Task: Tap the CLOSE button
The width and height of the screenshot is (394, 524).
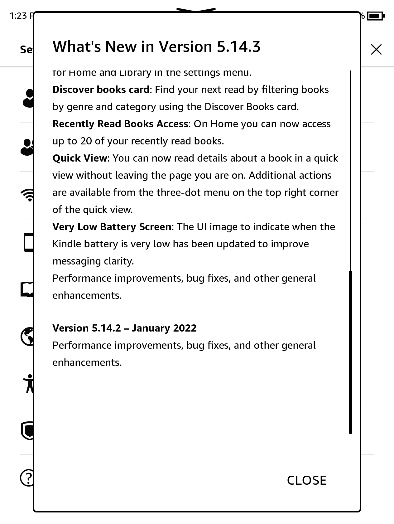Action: pyautogui.click(x=306, y=480)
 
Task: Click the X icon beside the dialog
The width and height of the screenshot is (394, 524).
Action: pyautogui.click(x=376, y=50)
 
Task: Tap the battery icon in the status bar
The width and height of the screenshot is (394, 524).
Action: pyautogui.click(x=376, y=16)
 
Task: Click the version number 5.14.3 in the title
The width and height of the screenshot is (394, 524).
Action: pyautogui.click(x=238, y=46)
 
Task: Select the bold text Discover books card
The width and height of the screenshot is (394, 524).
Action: pyautogui.click(x=101, y=90)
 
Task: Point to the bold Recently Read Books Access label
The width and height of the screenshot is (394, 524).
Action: pyautogui.click(x=120, y=124)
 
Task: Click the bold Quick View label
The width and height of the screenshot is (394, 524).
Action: pyautogui.click(x=80, y=158)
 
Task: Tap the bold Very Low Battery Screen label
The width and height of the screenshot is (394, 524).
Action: pyautogui.click(x=112, y=227)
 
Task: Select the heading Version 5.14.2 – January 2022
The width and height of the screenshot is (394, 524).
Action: pyautogui.click(x=124, y=328)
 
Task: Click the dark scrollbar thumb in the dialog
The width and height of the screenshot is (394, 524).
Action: pyautogui.click(x=350, y=352)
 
